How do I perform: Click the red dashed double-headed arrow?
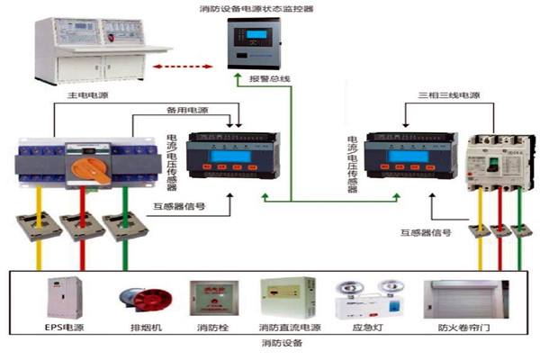coord(186,67)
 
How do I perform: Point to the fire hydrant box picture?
coord(208,301)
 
